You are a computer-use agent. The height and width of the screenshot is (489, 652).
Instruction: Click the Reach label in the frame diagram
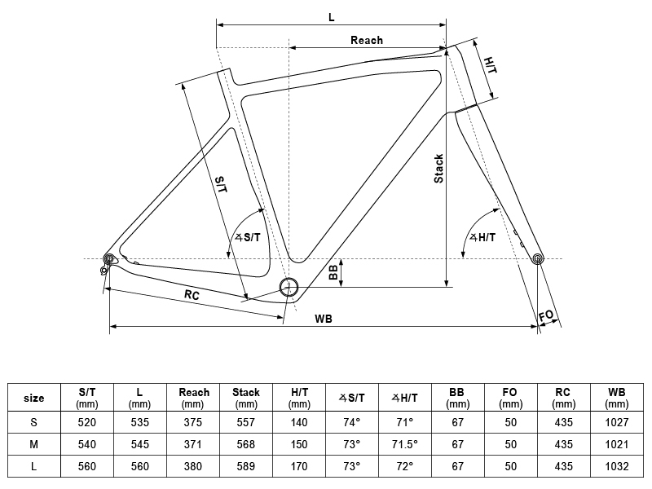click(366, 40)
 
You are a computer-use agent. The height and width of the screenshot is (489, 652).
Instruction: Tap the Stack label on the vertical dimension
click(438, 169)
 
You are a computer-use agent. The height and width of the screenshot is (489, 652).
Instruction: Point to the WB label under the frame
click(324, 319)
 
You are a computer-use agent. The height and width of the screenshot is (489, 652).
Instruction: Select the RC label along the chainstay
click(192, 295)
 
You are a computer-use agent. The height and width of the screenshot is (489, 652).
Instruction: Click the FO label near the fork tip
click(546, 316)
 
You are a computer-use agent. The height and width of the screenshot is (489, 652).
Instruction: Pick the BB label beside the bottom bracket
click(333, 273)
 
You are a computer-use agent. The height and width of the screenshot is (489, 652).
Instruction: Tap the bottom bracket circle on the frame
click(289, 287)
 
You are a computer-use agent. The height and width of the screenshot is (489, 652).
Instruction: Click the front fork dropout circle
click(538, 259)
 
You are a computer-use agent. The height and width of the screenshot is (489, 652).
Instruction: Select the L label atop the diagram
click(331, 17)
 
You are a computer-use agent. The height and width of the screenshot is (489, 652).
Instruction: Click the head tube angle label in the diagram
click(482, 237)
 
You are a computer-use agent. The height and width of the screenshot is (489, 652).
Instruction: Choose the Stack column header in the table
click(246, 398)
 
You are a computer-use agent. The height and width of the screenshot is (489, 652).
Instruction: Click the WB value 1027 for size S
click(617, 422)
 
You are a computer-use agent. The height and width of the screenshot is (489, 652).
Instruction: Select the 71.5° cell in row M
click(404, 444)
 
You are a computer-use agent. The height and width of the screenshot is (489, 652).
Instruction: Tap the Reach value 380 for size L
click(193, 466)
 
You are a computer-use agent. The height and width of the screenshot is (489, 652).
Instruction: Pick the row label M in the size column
click(33, 444)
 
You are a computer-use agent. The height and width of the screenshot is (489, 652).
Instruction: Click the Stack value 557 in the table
click(246, 422)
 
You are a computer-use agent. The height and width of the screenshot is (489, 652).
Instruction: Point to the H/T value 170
click(299, 466)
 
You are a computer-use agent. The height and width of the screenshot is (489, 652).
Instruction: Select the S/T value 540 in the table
click(87, 444)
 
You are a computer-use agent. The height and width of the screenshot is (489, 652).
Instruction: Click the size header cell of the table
click(33, 398)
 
